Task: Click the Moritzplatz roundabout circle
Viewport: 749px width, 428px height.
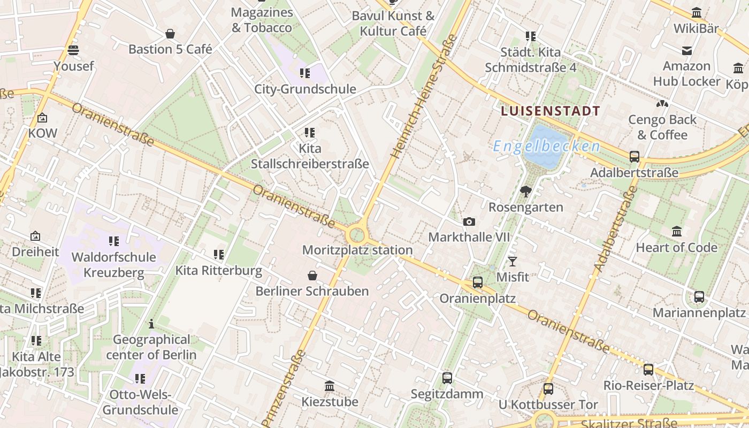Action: [x=356, y=234]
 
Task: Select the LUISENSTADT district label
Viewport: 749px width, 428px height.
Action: [x=551, y=111]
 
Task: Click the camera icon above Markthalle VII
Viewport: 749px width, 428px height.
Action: [x=469, y=221]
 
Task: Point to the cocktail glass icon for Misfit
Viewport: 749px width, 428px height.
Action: [x=513, y=262]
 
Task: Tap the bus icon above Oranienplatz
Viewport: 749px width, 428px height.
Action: [x=477, y=282]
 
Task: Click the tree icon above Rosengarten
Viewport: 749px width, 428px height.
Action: [x=526, y=192]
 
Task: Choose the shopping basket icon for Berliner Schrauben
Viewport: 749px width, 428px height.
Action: [x=312, y=276]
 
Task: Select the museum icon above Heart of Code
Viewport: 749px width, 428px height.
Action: [x=677, y=232]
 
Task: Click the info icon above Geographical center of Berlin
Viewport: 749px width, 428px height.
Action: [x=151, y=324]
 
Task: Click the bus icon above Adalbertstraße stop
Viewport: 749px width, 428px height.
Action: [x=635, y=157]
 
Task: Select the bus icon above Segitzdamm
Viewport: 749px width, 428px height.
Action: [x=447, y=378]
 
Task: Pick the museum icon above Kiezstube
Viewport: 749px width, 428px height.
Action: [x=330, y=386]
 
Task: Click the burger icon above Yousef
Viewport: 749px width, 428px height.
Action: [x=73, y=50]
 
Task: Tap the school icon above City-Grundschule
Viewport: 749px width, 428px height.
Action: [x=305, y=73]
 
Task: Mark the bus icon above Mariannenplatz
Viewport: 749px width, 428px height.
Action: [x=699, y=297]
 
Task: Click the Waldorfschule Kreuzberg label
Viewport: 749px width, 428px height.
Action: [x=113, y=265]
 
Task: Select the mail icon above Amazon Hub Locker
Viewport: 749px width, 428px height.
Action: [x=687, y=51]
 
